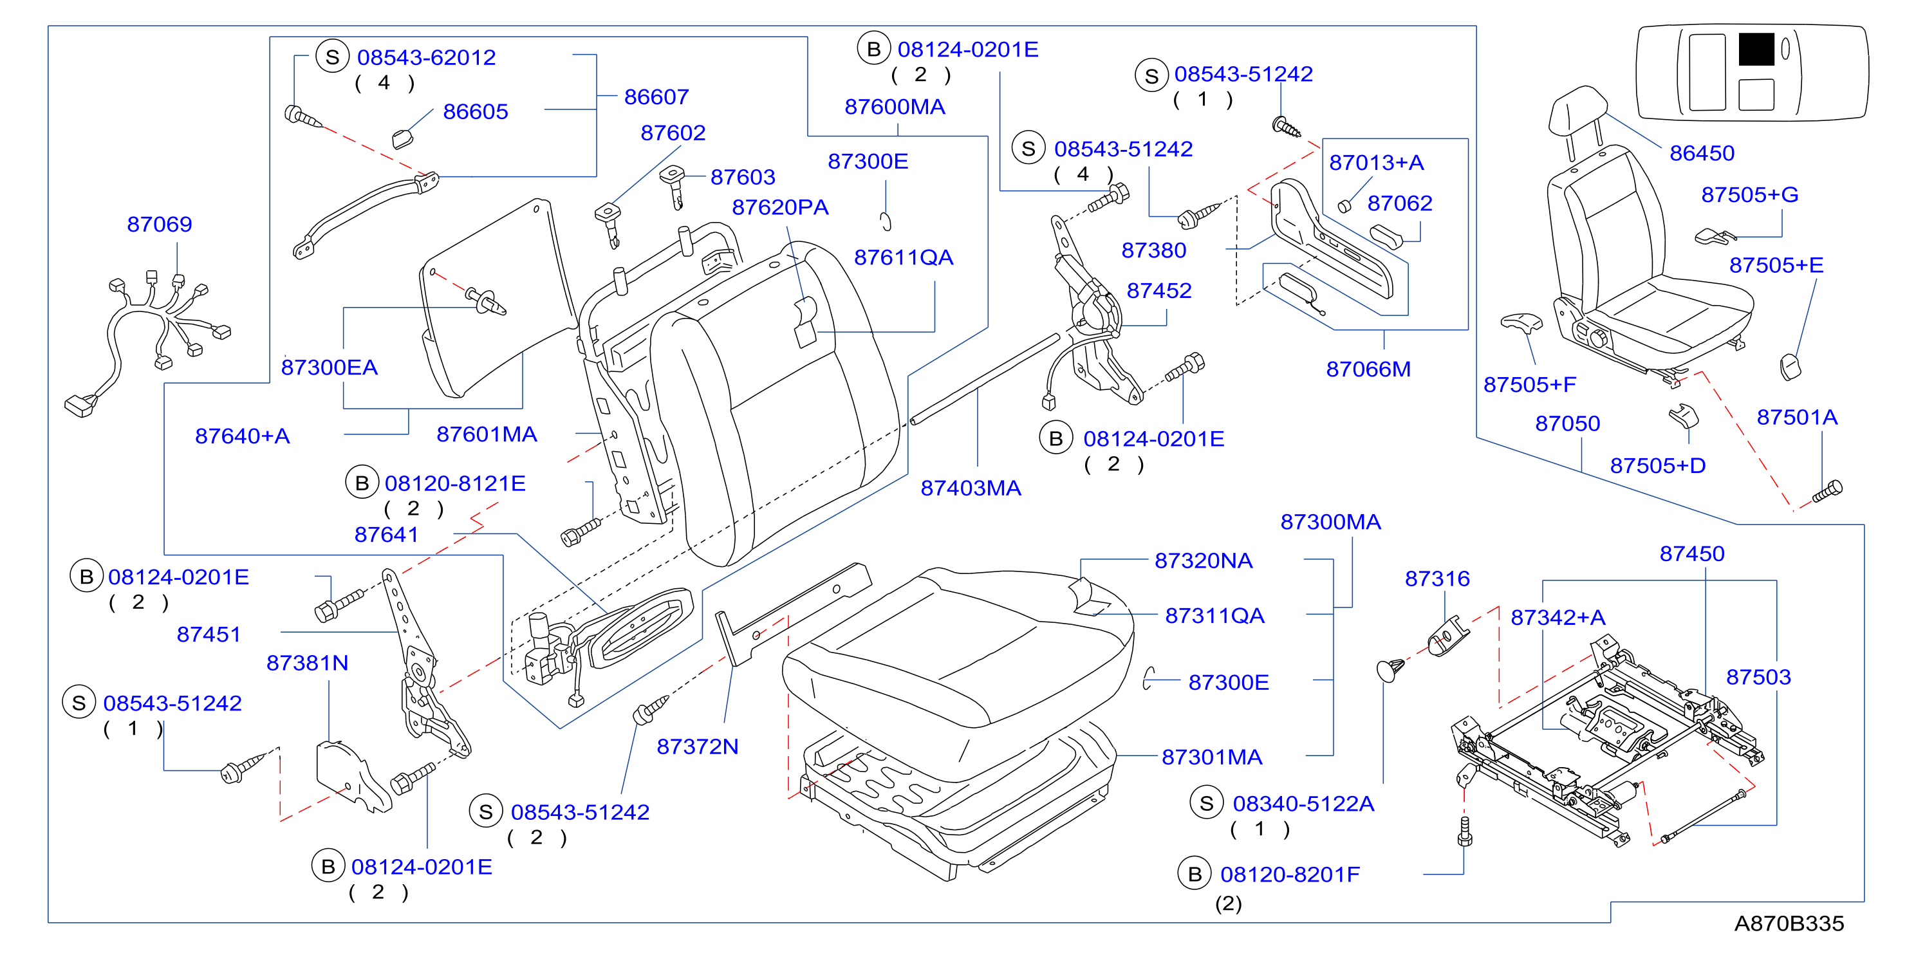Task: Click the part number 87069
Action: [x=159, y=224]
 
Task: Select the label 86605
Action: [x=475, y=111]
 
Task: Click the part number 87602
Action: [x=673, y=133]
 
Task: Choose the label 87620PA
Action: [x=780, y=207]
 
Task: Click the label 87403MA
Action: [x=971, y=488]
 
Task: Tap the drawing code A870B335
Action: [x=1789, y=923]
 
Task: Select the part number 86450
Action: [x=1702, y=153]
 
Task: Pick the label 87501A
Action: [x=1796, y=417]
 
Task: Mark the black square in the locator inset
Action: [x=1756, y=50]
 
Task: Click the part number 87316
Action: [x=1437, y=579]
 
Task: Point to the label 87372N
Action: [x=697, y=746]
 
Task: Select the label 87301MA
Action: [x=1212, y=757]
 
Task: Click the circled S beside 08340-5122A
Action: [x=1207, y=803]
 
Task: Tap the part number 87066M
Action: [x=1368, y=369]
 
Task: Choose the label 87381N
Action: [x=307, y=663]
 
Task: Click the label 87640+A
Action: [x=242, y=436]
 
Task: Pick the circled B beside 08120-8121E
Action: [x=362, y=483]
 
